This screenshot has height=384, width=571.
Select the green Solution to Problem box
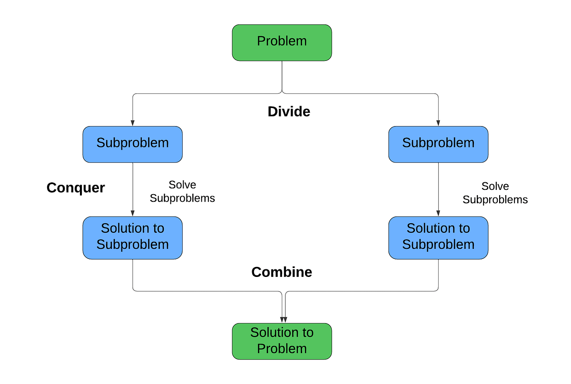[x=282, y=341]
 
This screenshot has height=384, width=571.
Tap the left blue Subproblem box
[x=132, y=144]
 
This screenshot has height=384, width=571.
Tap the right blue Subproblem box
[x=438, y=144]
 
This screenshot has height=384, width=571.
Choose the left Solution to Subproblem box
[x=132, y=237]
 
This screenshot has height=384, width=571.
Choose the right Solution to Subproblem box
[x=438, y=237]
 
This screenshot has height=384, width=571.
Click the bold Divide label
[x=289, y=111]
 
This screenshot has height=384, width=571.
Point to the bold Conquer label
[x=76, y=188]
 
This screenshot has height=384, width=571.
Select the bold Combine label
[x=282, y=272]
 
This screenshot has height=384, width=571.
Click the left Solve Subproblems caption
[x=182, y=192]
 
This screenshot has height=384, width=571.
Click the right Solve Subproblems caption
[x=495, y=193]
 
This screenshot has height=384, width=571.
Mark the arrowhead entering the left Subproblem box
[x=133, y=123]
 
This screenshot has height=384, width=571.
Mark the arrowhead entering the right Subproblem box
[x=438, y=123]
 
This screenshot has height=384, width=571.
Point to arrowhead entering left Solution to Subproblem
[x=133, y=214]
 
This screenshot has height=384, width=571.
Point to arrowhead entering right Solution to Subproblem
[x=438, y=214]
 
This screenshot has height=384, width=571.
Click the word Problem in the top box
[x=282, y=41]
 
